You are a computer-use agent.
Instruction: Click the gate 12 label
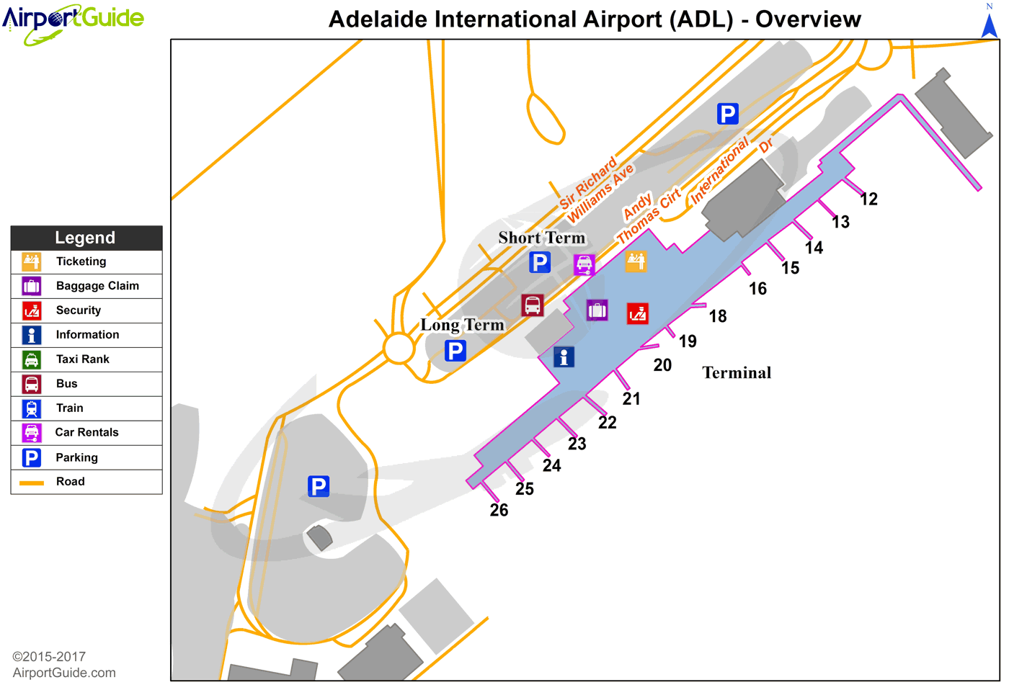pyautogui.click(x=869, y=200)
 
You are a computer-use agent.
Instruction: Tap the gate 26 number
pyautogui.click(x=499, y=511)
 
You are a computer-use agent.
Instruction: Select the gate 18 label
pyautogui.click(x=717, y=316)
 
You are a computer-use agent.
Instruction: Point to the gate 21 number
pyautogui.click(x=631, y=399)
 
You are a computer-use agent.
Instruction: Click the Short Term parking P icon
pyautogui.click(x=539, y=262)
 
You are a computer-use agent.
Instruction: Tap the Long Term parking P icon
pyautogui.click(x=455, y=351)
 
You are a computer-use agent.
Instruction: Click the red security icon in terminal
pyautogui.click(x=637, y=313)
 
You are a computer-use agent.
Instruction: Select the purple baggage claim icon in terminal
pyautogui.click(x=597, y=310)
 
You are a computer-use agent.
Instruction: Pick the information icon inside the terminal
pyautogui.click(x=564, y=357)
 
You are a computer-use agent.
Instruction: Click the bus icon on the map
pyautogui.click(x=533, y=305)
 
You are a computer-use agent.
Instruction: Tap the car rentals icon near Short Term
pyautogui.click(x=584, y=264)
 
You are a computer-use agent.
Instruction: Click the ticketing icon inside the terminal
pyautogui.click(x=636, y=261)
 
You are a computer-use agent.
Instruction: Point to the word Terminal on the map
pyautogui.click(x=737, y=373)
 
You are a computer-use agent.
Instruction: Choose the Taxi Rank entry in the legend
pyautogui.click(x=83, y=359)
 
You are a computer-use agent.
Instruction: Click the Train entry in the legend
pyautogui.click(x=70, y=408)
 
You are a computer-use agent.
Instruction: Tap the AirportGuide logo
pyautogui.click(x=73, y=22)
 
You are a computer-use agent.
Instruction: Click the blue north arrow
pyautogui.click(x=990, y=24)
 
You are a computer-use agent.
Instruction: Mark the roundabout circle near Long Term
pyautogui.click(x=399, y=349)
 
